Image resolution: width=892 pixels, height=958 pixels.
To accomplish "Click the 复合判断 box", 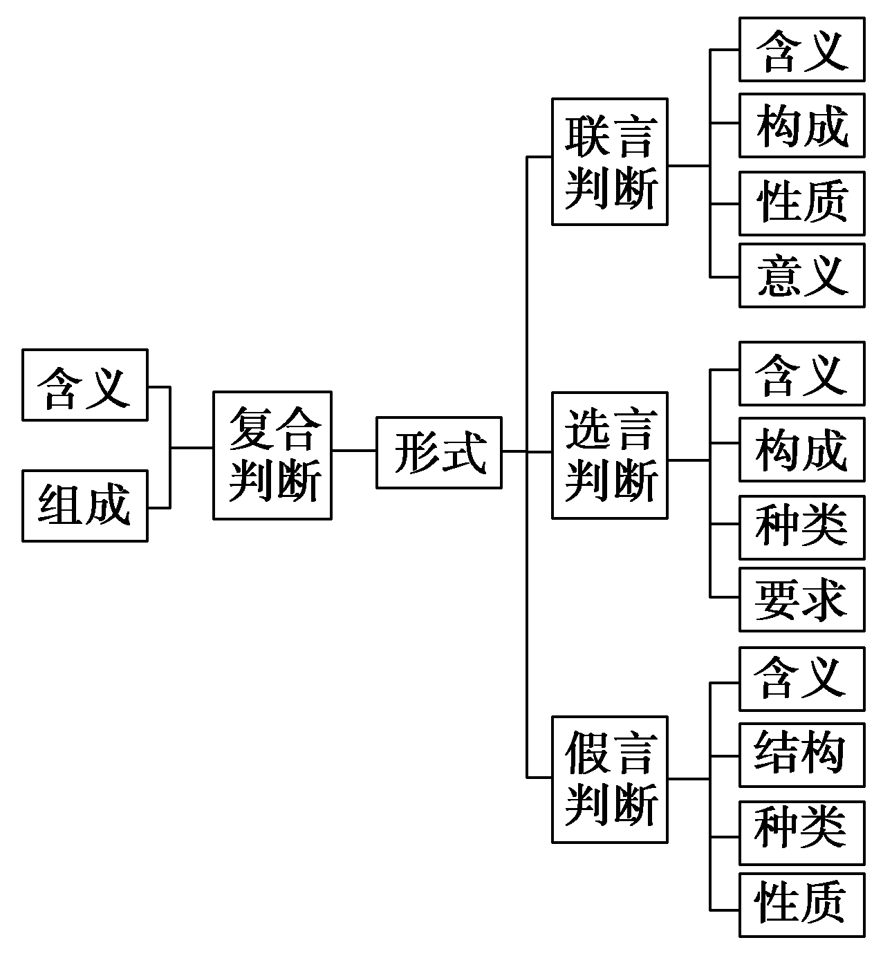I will click(x=272, y=455).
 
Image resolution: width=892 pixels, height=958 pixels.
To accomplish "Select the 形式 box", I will click(x=438, y=453).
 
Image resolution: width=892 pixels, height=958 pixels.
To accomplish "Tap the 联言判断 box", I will click(x=609, y=161).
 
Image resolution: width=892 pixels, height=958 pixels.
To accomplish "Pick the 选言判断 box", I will click(x=609, y=455).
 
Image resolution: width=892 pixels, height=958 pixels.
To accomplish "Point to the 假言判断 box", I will click(x=609, y=779).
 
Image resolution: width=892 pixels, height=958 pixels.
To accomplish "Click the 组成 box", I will click(x=84, y=506).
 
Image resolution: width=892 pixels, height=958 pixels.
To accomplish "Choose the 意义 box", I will click(x=801, y=275).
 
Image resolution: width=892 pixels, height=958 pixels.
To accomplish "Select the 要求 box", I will click(x=801, y=599).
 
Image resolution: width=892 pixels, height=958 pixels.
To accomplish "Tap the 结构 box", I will click(x=801, y=754).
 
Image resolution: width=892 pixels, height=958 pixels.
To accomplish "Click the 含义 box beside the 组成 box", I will click(x=84, y=384).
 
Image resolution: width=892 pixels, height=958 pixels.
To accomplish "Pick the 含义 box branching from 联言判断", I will click(x=801, y=50).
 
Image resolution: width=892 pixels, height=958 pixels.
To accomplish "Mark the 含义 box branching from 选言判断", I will click(x=801, y=373).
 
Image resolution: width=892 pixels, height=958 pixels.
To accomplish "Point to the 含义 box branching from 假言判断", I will click(x=801, y=679).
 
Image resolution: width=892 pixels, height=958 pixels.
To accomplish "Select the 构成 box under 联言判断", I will click(x=801, y=126).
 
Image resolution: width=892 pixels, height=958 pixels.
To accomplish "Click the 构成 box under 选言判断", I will click(x=801, y=449).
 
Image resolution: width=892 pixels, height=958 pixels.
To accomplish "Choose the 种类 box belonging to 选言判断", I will click(x=801, y=527).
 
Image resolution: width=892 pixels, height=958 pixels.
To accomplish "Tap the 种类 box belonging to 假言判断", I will click(x=801, y=832).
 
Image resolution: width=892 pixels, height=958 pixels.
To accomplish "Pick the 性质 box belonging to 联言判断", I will click(x=801, y=203).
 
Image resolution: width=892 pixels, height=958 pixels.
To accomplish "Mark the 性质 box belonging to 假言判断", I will click(x=801, y=905).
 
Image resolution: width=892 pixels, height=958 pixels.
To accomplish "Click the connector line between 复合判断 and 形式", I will click(x=354, y=451).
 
